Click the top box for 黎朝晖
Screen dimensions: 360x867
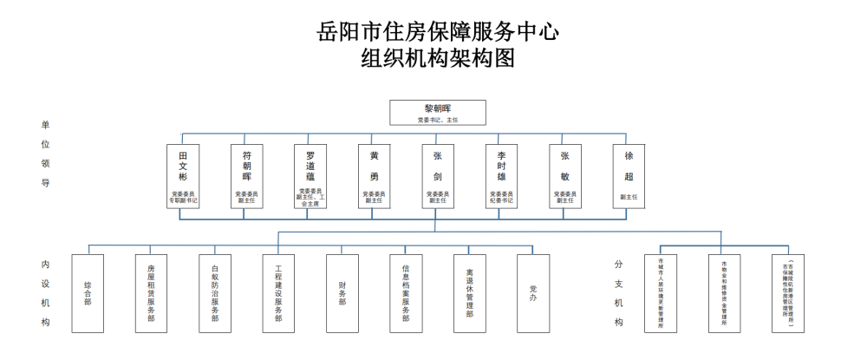[x=437, y=112]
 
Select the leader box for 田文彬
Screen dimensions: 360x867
[x=183, y=176]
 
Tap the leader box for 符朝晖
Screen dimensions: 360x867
[x=247, y=176]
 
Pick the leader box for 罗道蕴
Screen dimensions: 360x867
[x=310, y=176]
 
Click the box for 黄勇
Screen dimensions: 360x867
[x=374, y=176]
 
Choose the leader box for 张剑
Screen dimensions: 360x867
[x=437, y=176]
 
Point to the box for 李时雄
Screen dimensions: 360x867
[x=501, y=176]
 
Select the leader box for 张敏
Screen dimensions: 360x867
[x=564, y=176]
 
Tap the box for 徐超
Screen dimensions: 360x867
[x=629, y=176]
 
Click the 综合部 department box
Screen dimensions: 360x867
[x=88, y=293]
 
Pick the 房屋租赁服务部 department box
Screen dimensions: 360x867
[x=152, y=293]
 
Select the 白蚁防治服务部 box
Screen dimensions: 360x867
[x=215, y=293]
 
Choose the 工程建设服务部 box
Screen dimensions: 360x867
[x=278, y=293]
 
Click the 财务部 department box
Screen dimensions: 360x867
[x=342, y=293]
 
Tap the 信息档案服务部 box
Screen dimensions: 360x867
[x=406, y=293]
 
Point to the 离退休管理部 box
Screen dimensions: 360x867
[x=469, y=293]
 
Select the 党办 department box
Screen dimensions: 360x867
[x=533, y=293]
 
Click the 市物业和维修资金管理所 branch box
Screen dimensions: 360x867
[x=724, y=293]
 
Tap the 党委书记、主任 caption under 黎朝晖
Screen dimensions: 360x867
[x=437, y=120]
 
